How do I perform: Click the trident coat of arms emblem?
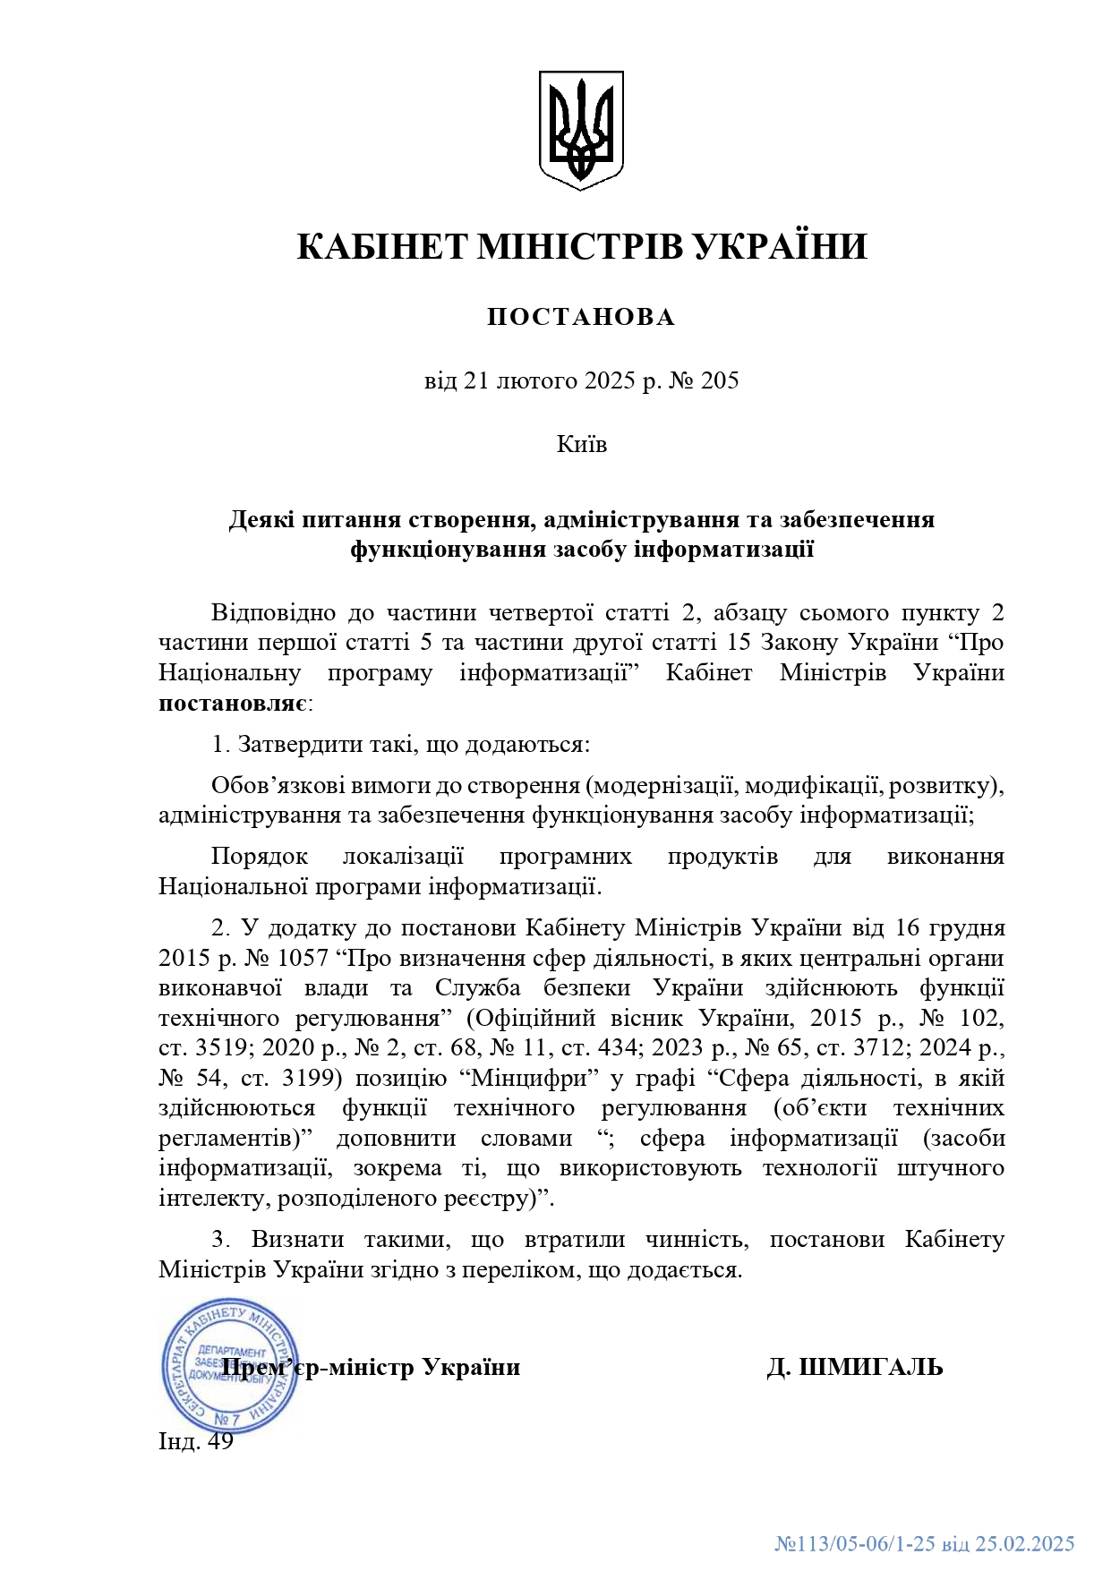(581, 130)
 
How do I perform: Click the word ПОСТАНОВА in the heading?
(581, 317)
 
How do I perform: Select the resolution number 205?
(720, 380)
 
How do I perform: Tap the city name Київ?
(582, 444)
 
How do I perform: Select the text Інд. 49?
(196, 1441)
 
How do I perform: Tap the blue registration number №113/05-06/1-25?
(855, 1543)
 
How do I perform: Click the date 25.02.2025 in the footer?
(1025, 1543)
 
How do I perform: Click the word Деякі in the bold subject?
(261, 519)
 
